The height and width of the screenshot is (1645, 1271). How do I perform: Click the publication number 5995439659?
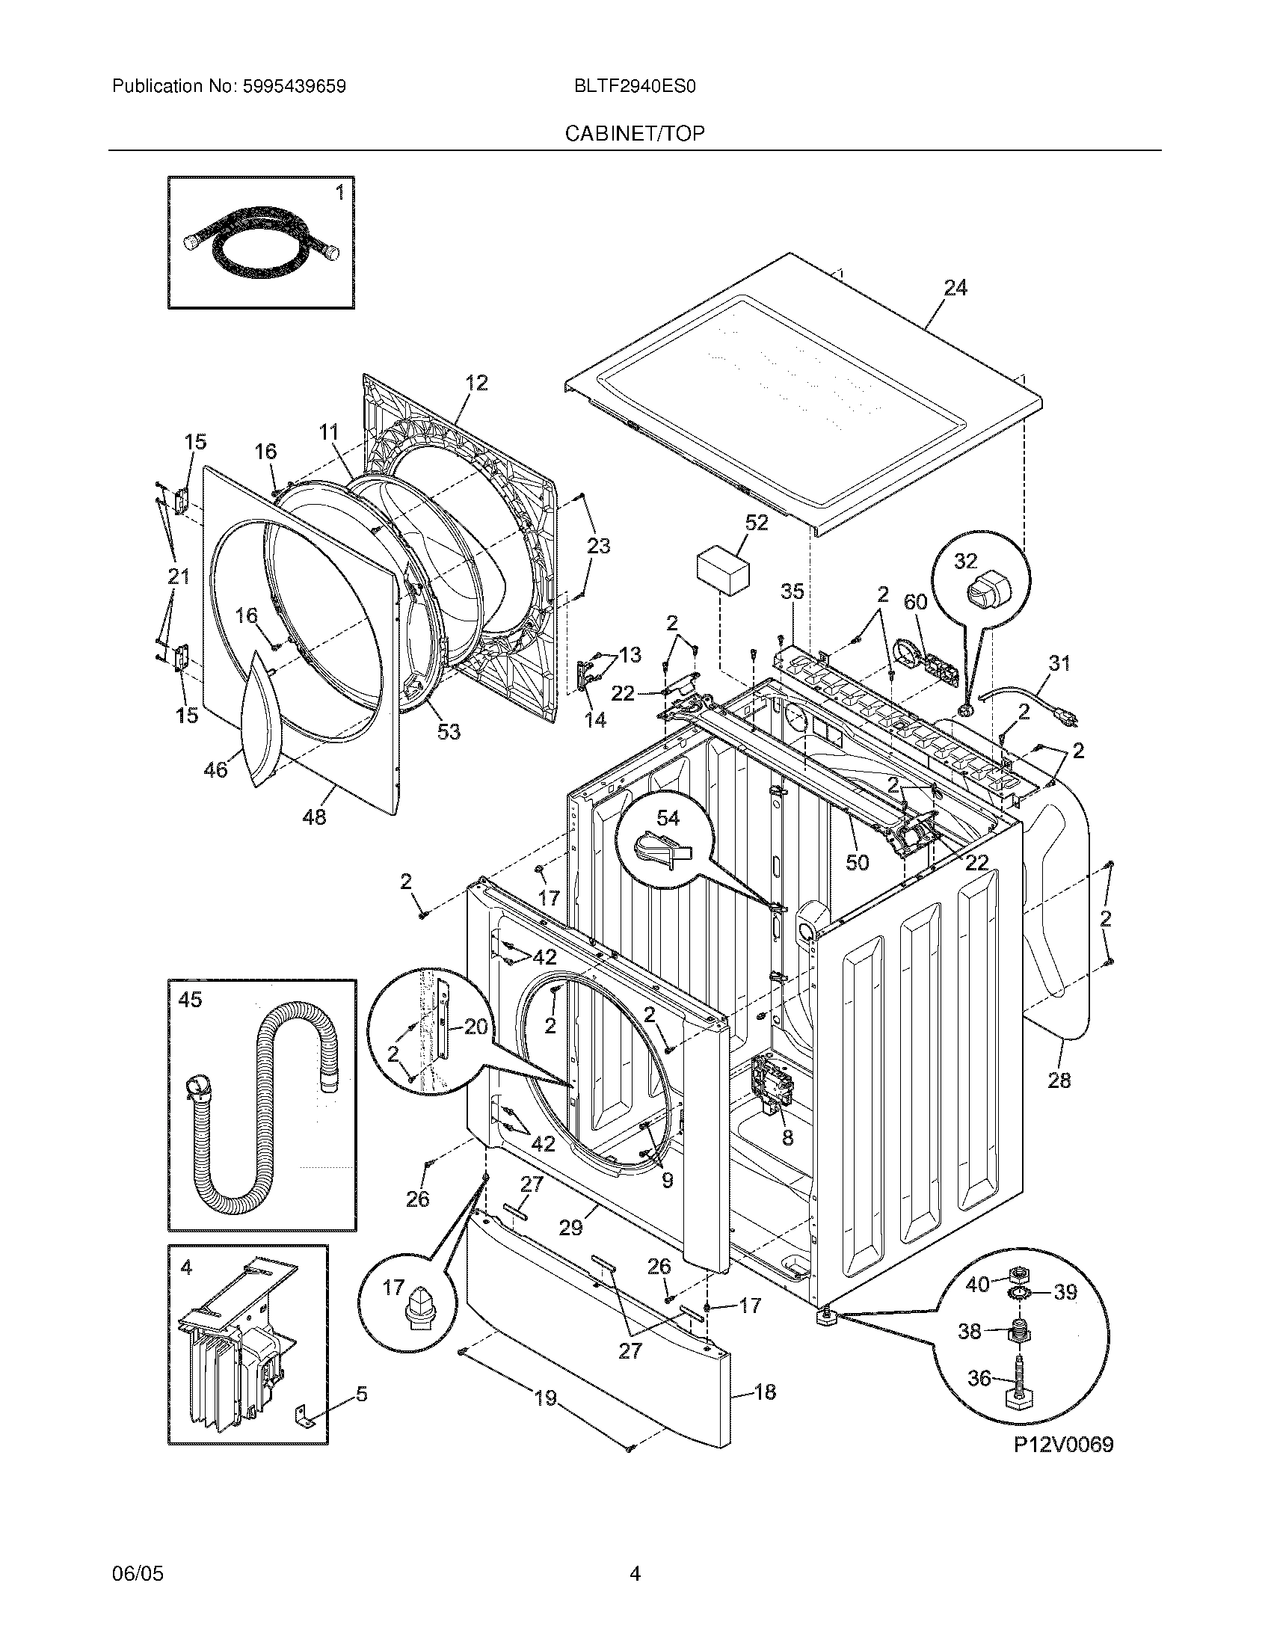tap(294, 87)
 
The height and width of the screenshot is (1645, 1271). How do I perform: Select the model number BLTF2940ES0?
tap(634, 87)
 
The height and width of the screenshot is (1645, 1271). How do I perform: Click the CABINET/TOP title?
tap(635, 134)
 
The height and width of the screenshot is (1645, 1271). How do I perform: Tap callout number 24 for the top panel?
tap(955, 288)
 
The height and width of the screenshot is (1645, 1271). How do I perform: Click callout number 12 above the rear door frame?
tap(476, 383)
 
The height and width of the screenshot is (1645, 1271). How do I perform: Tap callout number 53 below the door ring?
tap(449, 731)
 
